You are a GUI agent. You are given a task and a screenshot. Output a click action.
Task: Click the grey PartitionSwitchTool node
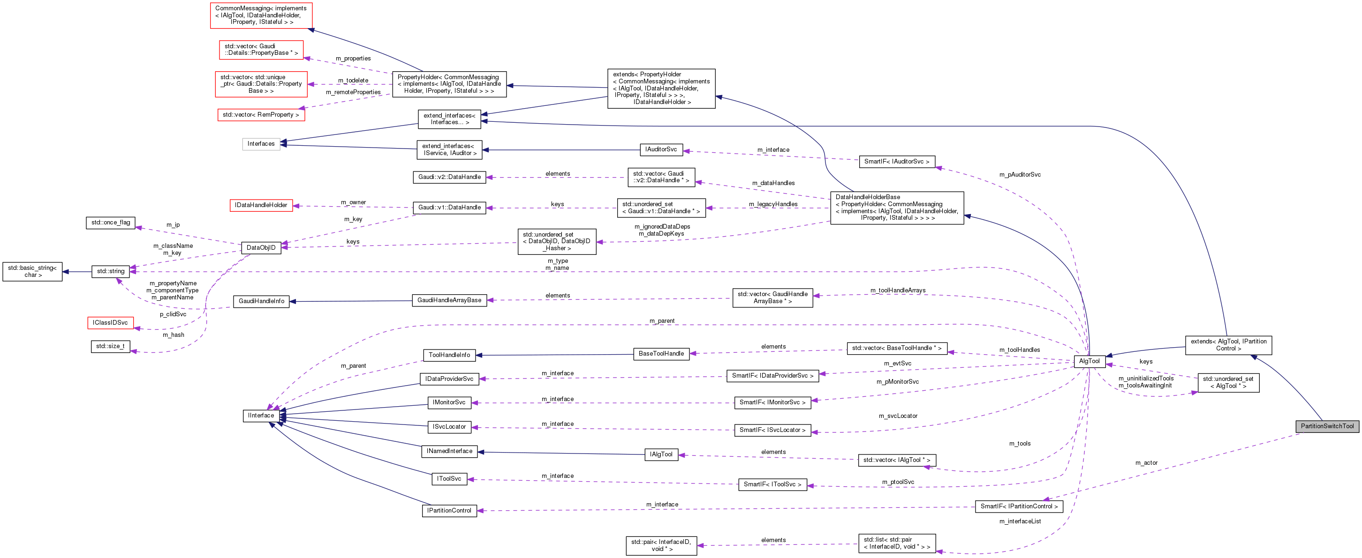(x=1326, y=426)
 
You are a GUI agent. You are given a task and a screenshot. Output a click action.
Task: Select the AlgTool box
(x=1089, y=361)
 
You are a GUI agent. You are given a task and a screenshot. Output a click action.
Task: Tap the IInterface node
(x=261, y=415)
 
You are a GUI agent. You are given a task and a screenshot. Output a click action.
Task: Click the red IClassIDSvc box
(x=110, y=322)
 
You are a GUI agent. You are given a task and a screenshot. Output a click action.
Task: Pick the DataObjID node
(x=261, y=247)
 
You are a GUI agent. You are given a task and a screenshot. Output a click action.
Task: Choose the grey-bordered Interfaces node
(x=261, y=144)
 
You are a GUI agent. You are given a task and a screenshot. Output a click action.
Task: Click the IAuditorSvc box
(x=660, y=149)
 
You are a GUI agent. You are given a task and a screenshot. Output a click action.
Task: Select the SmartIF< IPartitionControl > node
(x=1018, y=506)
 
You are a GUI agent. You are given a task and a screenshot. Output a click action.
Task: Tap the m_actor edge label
(x=1146, y=463)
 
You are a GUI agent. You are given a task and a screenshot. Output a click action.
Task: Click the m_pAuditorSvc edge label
(x=1019, y=174)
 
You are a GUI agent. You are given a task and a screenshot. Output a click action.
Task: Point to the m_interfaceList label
(x=1019, y=521)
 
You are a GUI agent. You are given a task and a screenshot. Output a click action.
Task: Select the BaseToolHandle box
(x=661, y=354)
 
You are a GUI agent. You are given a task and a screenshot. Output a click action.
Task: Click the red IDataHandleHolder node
(x=261, y=205)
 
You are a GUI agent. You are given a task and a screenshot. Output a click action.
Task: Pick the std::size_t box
(x=110, y=346)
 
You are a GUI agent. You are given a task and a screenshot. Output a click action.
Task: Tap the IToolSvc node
(x=449, y=479)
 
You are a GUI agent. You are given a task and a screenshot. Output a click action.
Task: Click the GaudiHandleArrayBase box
(x=449, y=300)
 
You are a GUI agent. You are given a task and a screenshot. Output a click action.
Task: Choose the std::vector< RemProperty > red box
(x=261, y=115)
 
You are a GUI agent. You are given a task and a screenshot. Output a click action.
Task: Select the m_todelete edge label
(x=353, y=80)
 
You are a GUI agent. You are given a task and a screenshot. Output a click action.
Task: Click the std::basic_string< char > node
(x=32, y=272)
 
